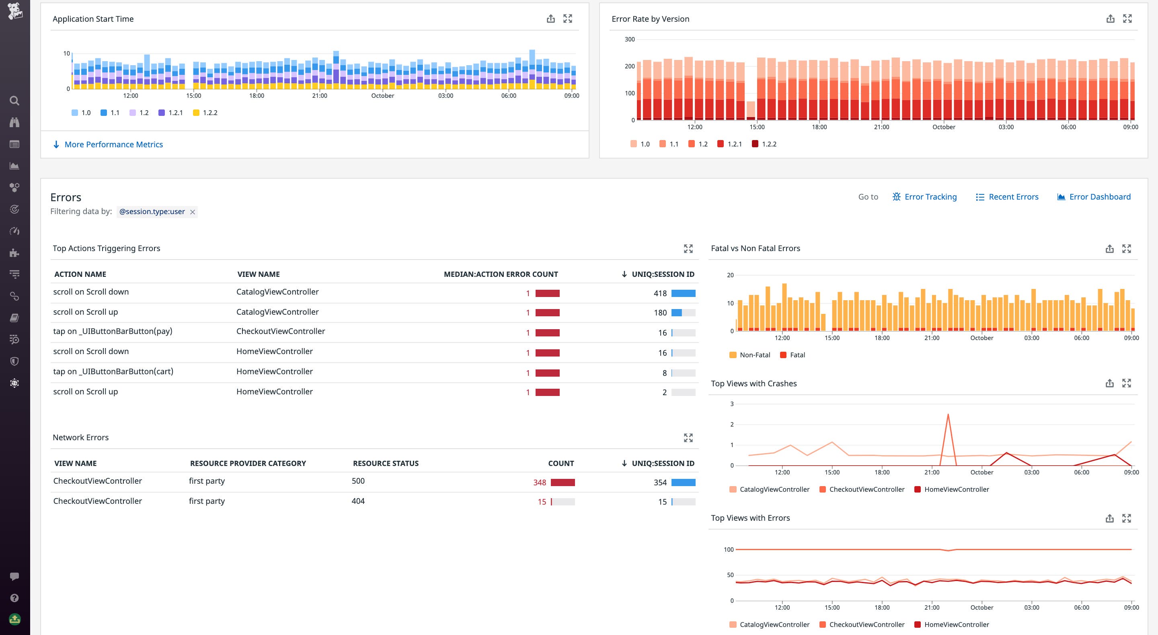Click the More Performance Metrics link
[x=113, y=144]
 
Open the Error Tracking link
[x=930, y=197]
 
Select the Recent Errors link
[x=1013, y=197]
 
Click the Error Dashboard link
[x=1099, y=197]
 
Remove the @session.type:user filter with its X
[x=193, y=212]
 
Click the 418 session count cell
[x=659, y=293]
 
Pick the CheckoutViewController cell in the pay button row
[x=281, y=331]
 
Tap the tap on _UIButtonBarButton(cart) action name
[x=113, y=371]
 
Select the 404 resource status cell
[x=358, y=501]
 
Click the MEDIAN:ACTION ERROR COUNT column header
[x=500, y=274]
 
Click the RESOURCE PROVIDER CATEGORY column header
[x=248, y=463]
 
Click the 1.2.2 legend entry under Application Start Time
[x=209, y=113]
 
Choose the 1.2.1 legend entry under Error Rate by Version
[x=734, y=144]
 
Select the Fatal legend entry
[x=797, y=355]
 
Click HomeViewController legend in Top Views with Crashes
[x=956, y=489]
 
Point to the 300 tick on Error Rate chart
[x=629, y=39]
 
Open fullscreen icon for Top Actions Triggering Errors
[x=688, y=248]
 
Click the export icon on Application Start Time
[x=550, y=19]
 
